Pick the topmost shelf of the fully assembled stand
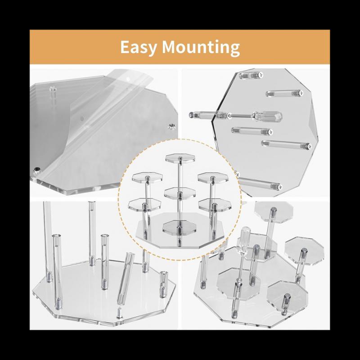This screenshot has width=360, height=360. [x=177, y=158]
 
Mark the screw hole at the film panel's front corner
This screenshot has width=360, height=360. [x=36, y=170]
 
